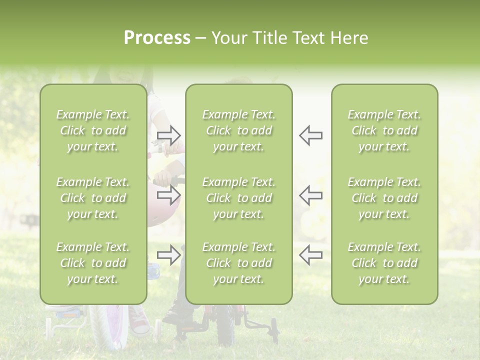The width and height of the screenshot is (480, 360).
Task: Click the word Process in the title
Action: (157, 38)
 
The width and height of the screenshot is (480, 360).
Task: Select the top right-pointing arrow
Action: (169, 135)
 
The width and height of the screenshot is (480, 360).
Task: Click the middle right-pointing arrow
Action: (169, 194)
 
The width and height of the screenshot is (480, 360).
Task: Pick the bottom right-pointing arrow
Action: (169, 255)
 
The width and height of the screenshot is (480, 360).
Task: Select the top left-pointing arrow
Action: (310, 135)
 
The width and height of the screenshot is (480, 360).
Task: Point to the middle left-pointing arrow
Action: (310, 194)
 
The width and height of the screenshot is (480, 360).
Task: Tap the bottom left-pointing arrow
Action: (310, 255)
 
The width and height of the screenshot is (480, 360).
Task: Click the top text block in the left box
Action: (93, 130)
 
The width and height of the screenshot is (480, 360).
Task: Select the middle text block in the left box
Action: (93, 198)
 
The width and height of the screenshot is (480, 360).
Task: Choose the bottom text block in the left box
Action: (93, 263)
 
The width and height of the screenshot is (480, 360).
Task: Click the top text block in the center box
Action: (238, 130)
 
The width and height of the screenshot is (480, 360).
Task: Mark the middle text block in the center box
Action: (238, 198)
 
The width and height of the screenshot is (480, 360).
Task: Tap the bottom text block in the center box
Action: (238, 263)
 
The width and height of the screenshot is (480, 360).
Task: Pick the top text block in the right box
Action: (384, 130)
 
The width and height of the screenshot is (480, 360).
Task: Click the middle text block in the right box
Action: (384, 198)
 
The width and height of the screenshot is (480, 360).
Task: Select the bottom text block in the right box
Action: (384, 263)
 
